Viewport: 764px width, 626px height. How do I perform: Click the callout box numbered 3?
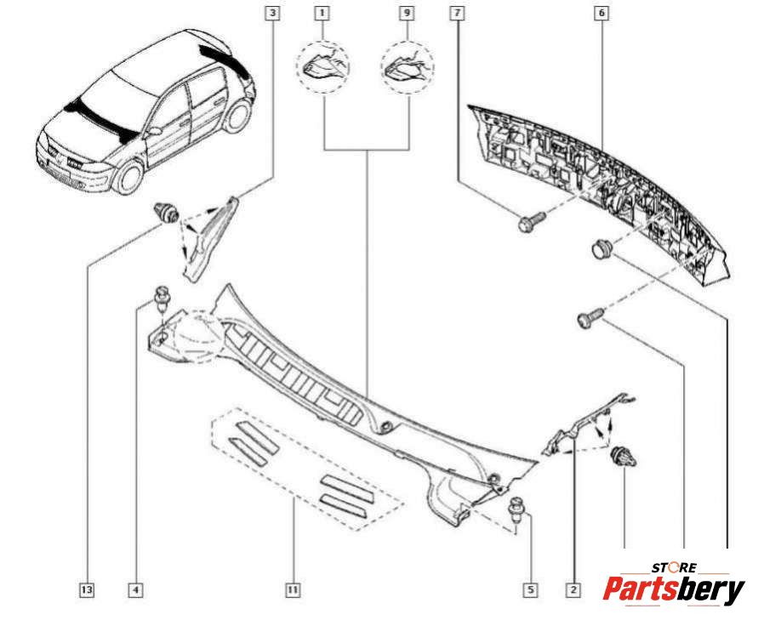click(271, 13)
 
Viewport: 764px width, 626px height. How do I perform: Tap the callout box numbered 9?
click(406, 13)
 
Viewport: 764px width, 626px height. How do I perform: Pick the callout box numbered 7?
click(459, 13)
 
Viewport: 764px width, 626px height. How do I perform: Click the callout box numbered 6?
click(602, 13)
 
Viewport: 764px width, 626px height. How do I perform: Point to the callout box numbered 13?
click(86, 589)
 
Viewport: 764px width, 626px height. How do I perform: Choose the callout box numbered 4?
click(135, 589)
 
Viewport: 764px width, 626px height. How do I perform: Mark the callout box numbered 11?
click(292, 589)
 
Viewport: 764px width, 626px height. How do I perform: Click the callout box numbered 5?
click(530, 589)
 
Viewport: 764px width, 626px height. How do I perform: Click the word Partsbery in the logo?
click(674, 589)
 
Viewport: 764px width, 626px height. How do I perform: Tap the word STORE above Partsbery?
click(674, 567)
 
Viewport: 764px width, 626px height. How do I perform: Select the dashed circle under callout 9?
click(407, 65)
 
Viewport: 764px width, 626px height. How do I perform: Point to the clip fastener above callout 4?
click(159, 299)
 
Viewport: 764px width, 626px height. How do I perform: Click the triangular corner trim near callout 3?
click(205, 237)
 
